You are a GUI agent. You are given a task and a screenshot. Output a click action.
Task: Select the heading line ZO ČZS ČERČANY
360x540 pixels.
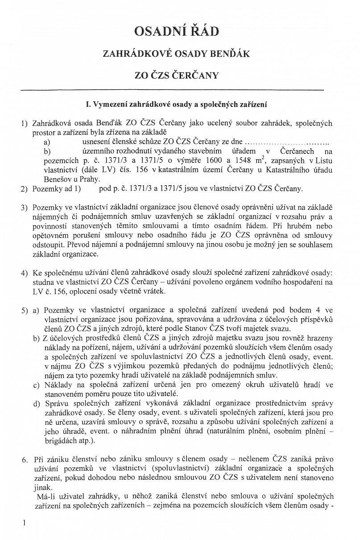[177, 75]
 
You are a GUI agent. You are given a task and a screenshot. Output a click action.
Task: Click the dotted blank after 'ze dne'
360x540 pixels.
[287, 142]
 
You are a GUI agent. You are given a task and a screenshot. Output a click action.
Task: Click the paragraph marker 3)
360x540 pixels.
[24, 208]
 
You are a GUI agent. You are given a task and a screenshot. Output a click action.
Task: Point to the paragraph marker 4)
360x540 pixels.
[24, 273]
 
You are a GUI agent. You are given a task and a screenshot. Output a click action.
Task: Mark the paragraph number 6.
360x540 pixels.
[24, 459]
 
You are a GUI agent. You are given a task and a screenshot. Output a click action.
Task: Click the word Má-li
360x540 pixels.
[45, 496]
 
